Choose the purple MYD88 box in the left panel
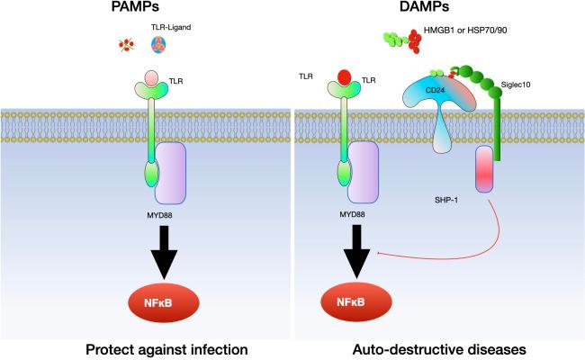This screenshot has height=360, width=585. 171,172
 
